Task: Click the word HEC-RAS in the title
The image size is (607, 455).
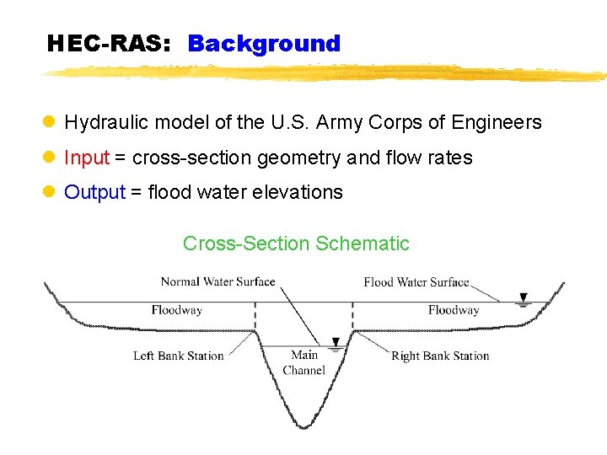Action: click(x=109, y=44)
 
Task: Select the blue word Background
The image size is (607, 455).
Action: click(x=264, y=44)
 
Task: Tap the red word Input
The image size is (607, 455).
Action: click(x=87, y=158)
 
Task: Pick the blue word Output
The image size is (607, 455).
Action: click(x=94, y=192)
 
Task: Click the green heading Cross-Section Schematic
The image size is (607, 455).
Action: click(x=296, y=244)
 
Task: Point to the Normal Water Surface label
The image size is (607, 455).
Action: click(x=218, y=281)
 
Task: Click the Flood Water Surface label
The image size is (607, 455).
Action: click(x=416, y=281)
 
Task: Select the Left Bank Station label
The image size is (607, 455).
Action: click(x=179, y=356)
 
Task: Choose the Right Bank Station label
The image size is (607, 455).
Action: click(x=440, y=356)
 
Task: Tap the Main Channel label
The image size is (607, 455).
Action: click(x=303, y=362)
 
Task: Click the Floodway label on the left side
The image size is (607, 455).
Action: click(x=176, y=310)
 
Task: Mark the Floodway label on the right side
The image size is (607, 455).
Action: click(x=453, y=310)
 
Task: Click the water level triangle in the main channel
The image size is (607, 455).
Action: click(x=336, y=342)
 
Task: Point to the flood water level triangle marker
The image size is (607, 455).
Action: click(x=524, y=297)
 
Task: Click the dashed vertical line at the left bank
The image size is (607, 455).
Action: click(x=255, y=317)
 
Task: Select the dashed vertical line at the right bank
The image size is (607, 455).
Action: click(x=352, y=317)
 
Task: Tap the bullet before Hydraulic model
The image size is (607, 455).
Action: click(x=50, y=123)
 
